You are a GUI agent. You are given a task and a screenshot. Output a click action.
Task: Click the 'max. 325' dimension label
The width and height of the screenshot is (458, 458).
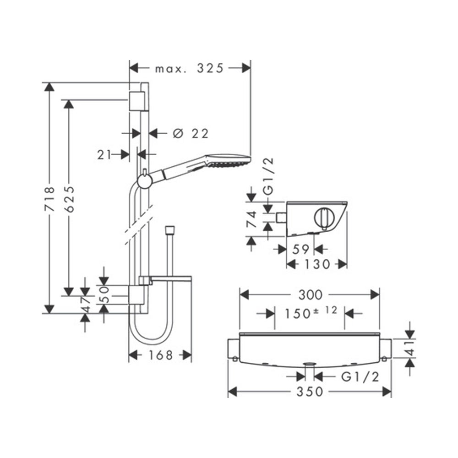click(189, 69)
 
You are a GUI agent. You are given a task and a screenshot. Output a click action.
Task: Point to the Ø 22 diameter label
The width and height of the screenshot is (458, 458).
click(191, 133)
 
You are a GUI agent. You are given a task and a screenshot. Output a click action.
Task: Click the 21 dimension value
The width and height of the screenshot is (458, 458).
click(105, 155)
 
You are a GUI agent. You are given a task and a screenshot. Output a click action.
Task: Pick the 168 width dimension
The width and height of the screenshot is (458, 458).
click(160, 355)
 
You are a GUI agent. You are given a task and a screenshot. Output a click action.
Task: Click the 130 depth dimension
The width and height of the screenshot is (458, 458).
click(316, 264)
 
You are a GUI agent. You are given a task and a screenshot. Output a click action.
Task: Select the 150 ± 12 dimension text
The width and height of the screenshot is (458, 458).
click(310, 313)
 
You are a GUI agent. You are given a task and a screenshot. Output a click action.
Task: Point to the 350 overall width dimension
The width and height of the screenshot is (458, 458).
click(310, 392)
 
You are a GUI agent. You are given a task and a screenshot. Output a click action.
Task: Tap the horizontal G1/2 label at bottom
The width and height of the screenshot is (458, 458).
click(361, 376)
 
